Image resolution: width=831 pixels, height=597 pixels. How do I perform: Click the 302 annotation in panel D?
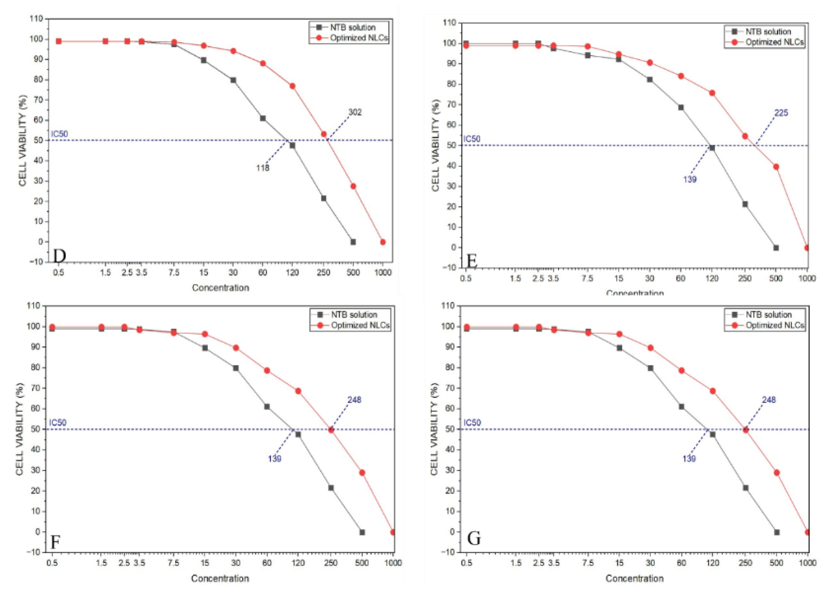click(x=355, y=112)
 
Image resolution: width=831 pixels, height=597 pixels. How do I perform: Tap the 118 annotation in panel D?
click(x=262, y=168)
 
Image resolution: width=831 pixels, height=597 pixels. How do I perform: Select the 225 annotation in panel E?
click(x=781, y=113)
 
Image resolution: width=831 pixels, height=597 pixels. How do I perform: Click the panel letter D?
click(x=59, y=256)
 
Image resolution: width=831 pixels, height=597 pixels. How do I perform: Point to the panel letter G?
click(x=474, y=538)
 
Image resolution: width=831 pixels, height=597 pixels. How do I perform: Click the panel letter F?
click(x=55, y=542)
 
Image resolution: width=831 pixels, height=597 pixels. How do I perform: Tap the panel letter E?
click(x=472, y=261)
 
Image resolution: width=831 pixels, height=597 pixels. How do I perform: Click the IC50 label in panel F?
click(x=58, y=423)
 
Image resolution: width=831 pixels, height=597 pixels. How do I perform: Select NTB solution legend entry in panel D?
click(x=353, y=28)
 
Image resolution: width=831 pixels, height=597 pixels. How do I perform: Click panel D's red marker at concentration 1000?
click(x=383, y=242)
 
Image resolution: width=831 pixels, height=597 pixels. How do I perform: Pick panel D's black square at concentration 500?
click(x=353, y=242)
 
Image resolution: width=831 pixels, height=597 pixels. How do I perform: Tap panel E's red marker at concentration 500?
click(x=776, y=167)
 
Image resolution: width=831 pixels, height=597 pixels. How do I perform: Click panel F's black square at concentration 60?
click(x=267, y=407)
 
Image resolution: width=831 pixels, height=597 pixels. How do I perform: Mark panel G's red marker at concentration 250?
click(x=745, y=429)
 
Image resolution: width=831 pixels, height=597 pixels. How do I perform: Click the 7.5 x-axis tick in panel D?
click(x=174, y=272)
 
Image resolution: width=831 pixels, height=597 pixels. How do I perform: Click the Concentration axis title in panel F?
click(x=220, y=578)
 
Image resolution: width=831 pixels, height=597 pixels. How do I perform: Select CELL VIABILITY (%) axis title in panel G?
click(x=435, y=429)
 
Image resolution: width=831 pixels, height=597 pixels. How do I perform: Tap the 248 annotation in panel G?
click(x=769, y=400)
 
